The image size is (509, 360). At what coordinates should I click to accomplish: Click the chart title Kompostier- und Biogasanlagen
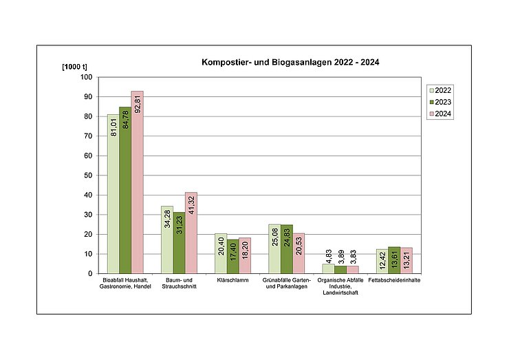pos(290,62)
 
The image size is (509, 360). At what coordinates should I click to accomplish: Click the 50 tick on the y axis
pos(87,176)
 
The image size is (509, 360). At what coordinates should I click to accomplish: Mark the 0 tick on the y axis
pos(89,273)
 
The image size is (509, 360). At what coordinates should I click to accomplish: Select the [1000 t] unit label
pos(74,66)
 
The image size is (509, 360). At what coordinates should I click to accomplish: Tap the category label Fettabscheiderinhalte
pos(394,281)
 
